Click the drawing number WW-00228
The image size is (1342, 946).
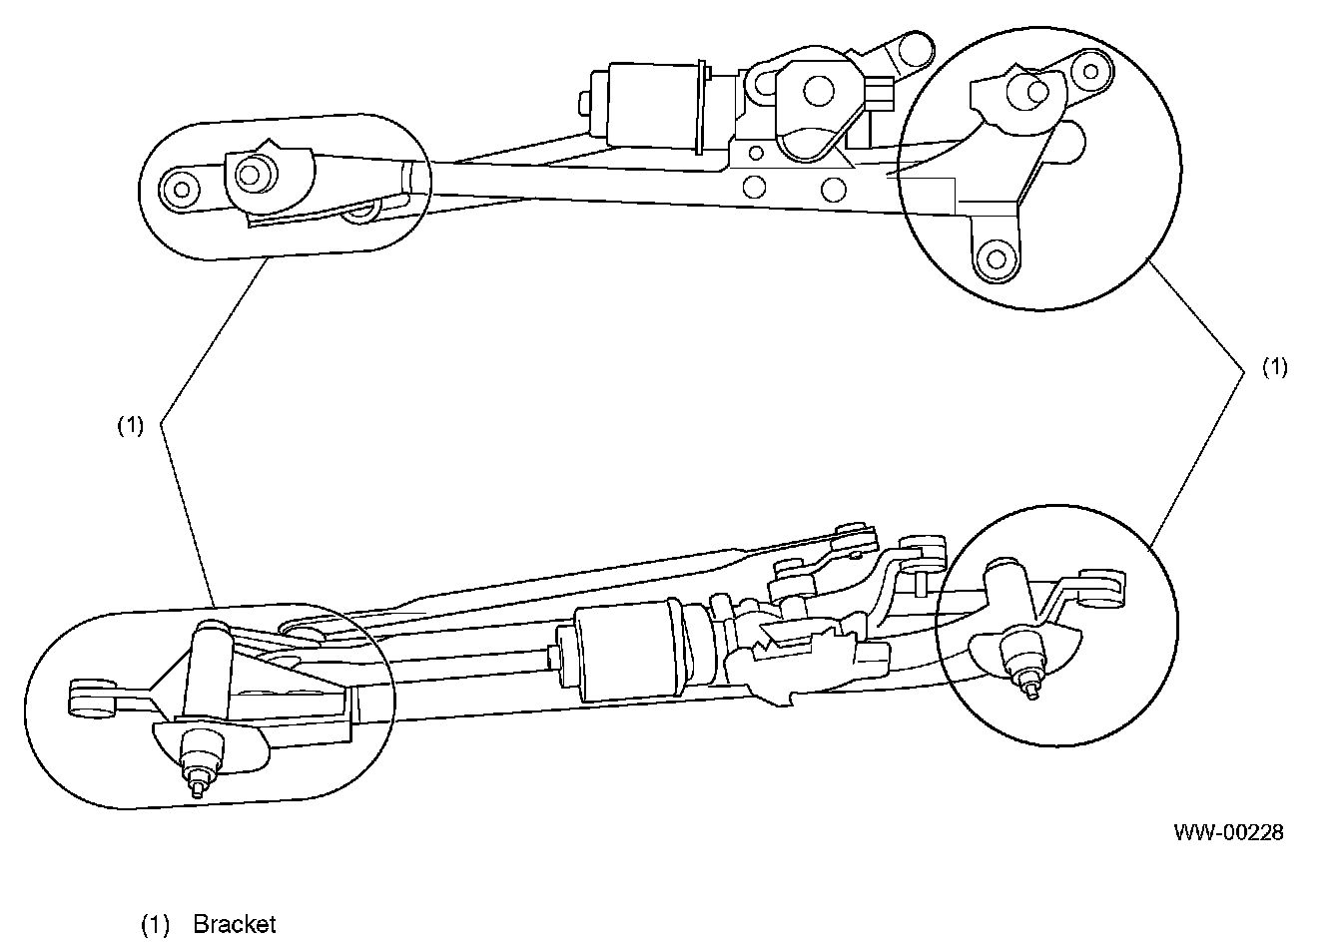coord(1228,832)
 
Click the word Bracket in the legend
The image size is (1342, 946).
coord(234,924)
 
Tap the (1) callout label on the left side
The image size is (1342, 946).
coord(131,426)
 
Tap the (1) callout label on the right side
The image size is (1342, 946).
coord(1275,367)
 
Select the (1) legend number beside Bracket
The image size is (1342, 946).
coord(156,924)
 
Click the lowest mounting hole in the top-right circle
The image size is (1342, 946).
coord(996,258)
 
